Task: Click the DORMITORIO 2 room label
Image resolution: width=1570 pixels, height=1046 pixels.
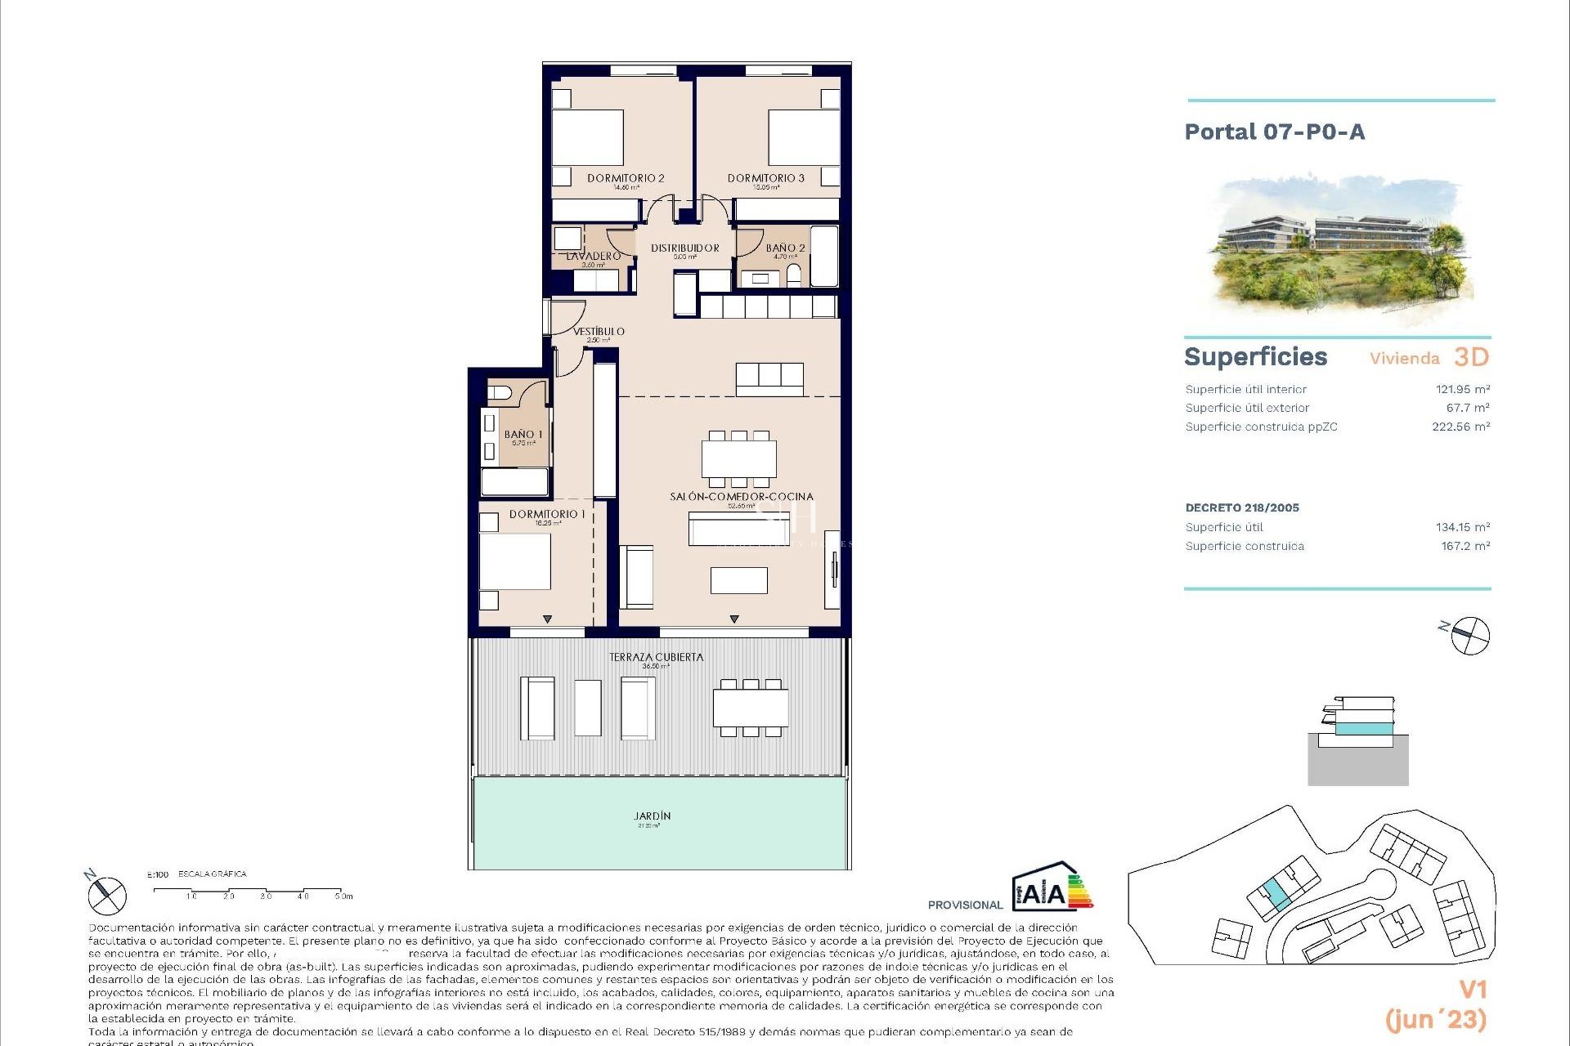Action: pyautogui.click(x=626, y=178)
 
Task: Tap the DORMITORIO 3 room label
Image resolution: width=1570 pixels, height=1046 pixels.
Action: pyautogui.click(x=765, y=178)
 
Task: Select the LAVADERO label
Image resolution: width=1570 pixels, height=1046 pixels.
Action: pyautogui.click(x=593, y=257)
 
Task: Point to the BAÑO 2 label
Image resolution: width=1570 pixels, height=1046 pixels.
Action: pyautogui.click(x=785, y=248)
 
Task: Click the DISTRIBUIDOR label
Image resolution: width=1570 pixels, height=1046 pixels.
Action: pyautogui.click(x=684, y=248)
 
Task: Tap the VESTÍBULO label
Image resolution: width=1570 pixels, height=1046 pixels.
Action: pyautogui.click(x=599, y=332)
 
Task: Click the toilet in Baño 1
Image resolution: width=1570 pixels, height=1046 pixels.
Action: pyautogui.click(x=500, y=392)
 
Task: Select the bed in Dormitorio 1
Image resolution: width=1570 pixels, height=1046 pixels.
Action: pyautogui.click(x=514, y=561)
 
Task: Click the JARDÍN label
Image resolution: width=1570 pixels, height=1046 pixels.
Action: pyautogui.click(x=652, y=816)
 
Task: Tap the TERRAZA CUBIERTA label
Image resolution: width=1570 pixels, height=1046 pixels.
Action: pyautogui.click(x=656, y=657)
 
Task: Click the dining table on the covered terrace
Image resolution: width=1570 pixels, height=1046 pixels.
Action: pyautogui.click(x=751, y=708)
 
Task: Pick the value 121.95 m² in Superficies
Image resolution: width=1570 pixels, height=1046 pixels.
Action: pyautogui.click(x=1462, y=390)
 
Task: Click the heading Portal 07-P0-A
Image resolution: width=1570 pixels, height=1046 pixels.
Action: pyautogui.click(x=1274, y=132)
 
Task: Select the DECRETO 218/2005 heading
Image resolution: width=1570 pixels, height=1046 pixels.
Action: pyautogui.click(x=1241, y=507)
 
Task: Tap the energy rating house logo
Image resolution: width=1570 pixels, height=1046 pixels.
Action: pyautogui.click(x=1050, y=887)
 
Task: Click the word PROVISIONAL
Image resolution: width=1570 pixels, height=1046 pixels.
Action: pyautogui.click(x=965, y=905)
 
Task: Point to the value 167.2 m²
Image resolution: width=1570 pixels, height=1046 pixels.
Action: pyautogui.click(x=1465, y=546)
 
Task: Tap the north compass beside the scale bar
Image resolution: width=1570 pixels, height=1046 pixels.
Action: pyautogui.click(x=107, y=895)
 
